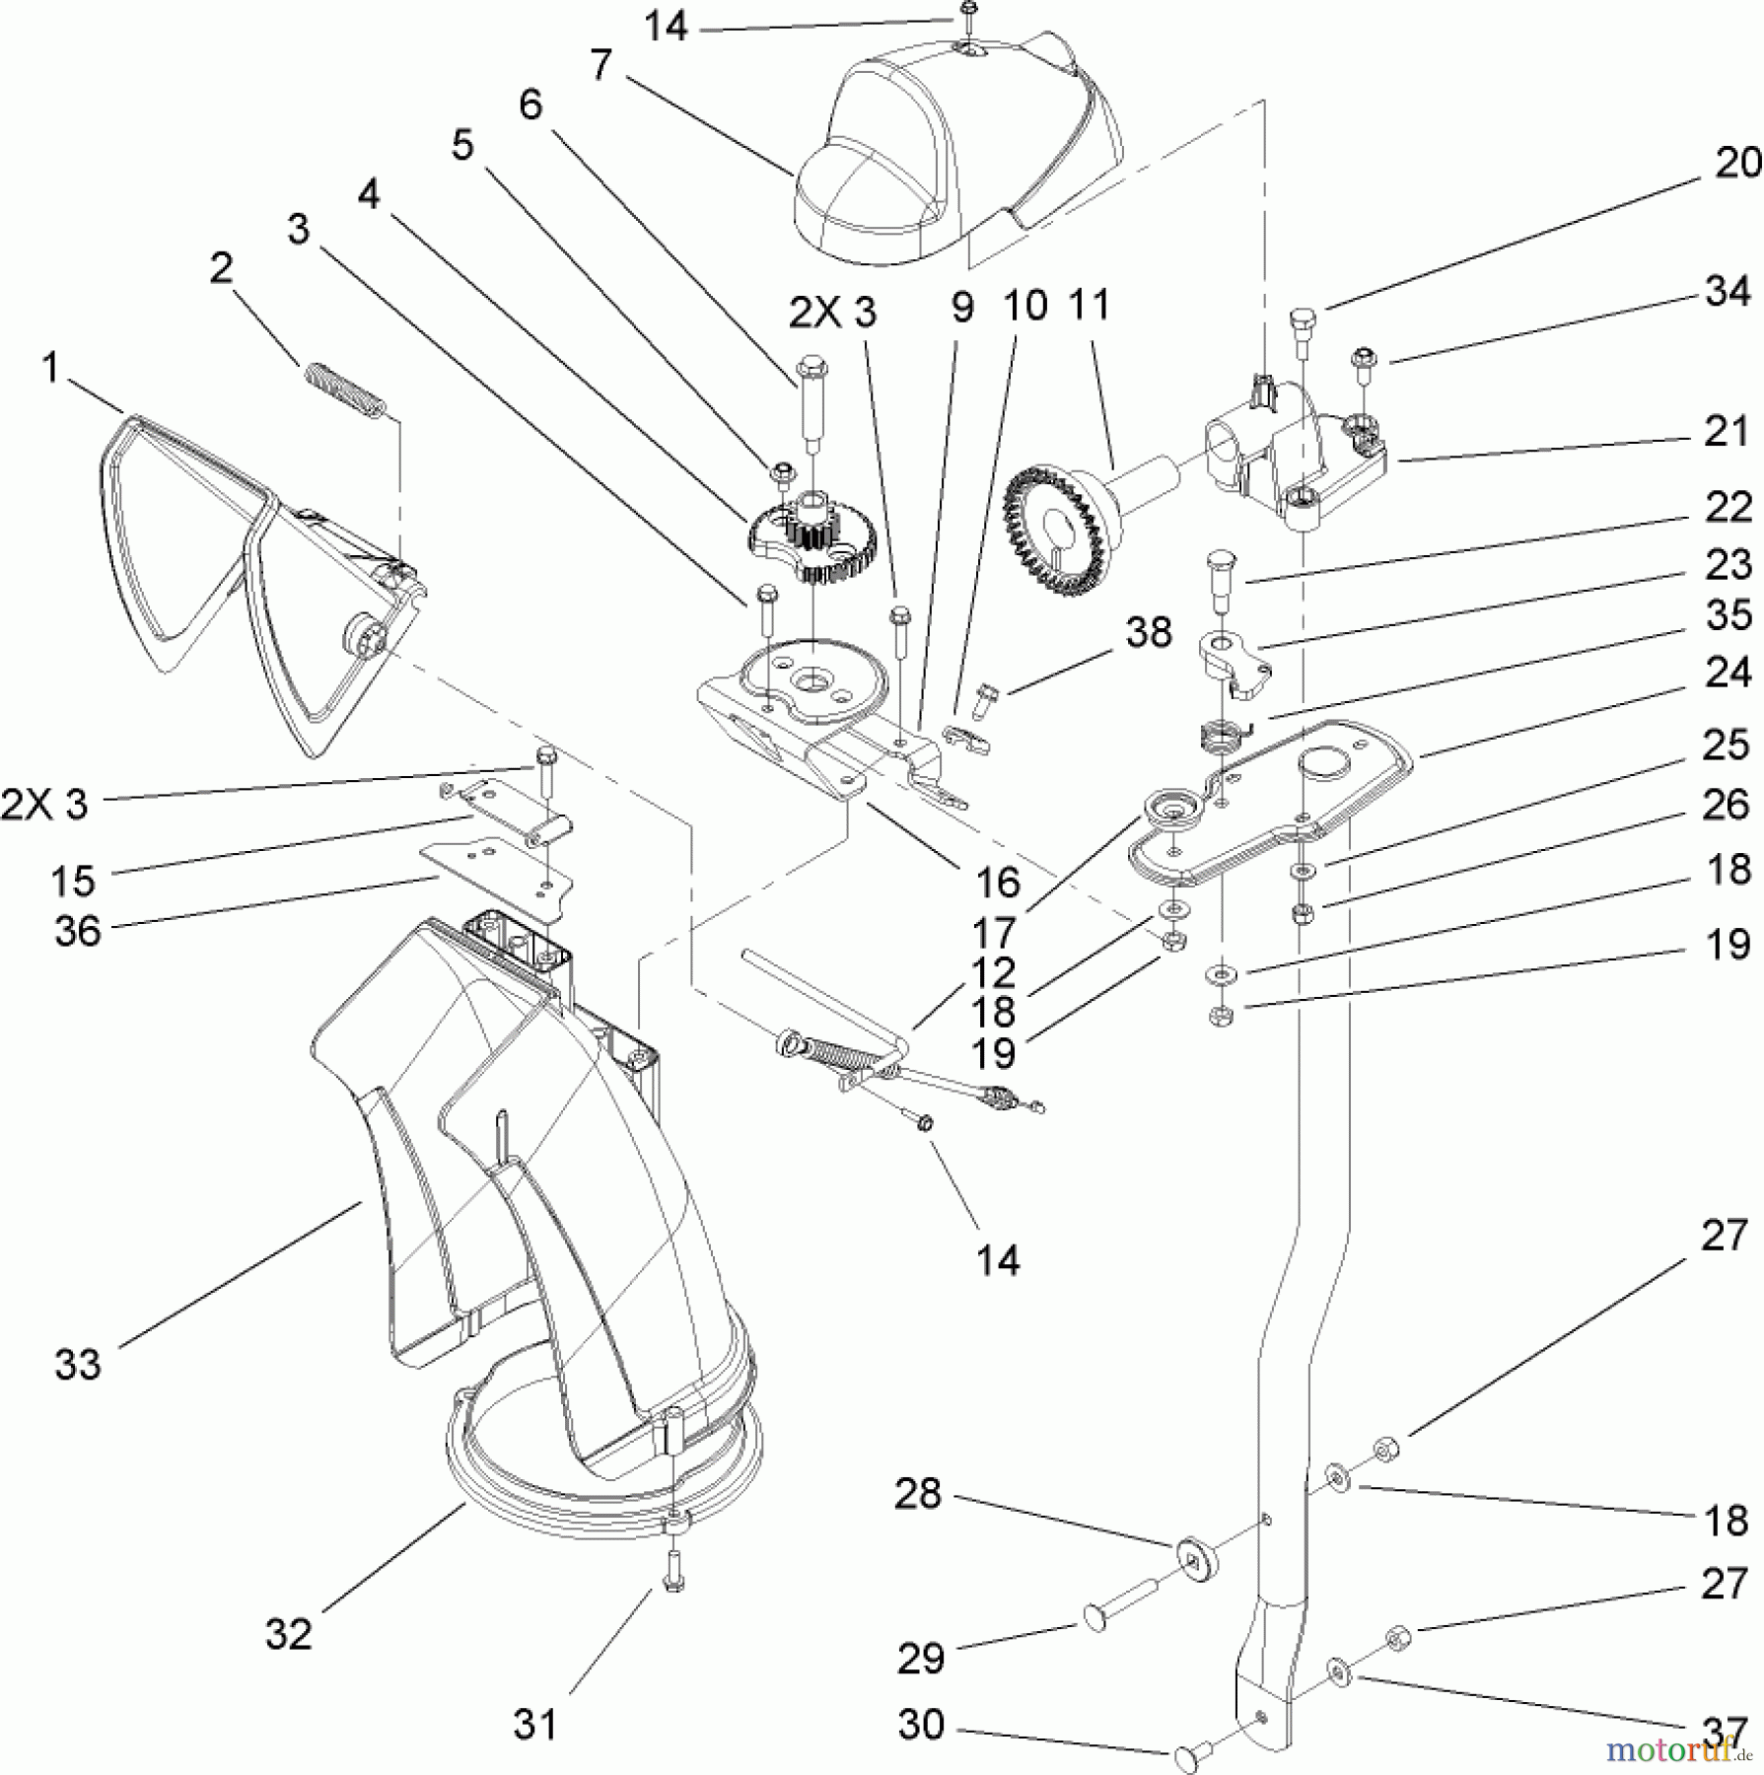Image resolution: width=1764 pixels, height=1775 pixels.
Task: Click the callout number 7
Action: pyautogui.click(x=601, y=66)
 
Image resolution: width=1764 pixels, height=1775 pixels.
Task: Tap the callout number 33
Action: pyautogui.click(x=78, y=1365)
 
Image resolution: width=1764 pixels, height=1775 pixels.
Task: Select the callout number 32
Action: pyautogui.click(x=288, y=1634)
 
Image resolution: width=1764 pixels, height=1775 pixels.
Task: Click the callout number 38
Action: pyautogui.click(x=1149, y=632)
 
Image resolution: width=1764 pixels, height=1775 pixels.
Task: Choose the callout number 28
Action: pyautogui.click(x=918, y=1494)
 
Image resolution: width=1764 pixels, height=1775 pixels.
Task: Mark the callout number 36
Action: pyautogui.click(x=78, y=930)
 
